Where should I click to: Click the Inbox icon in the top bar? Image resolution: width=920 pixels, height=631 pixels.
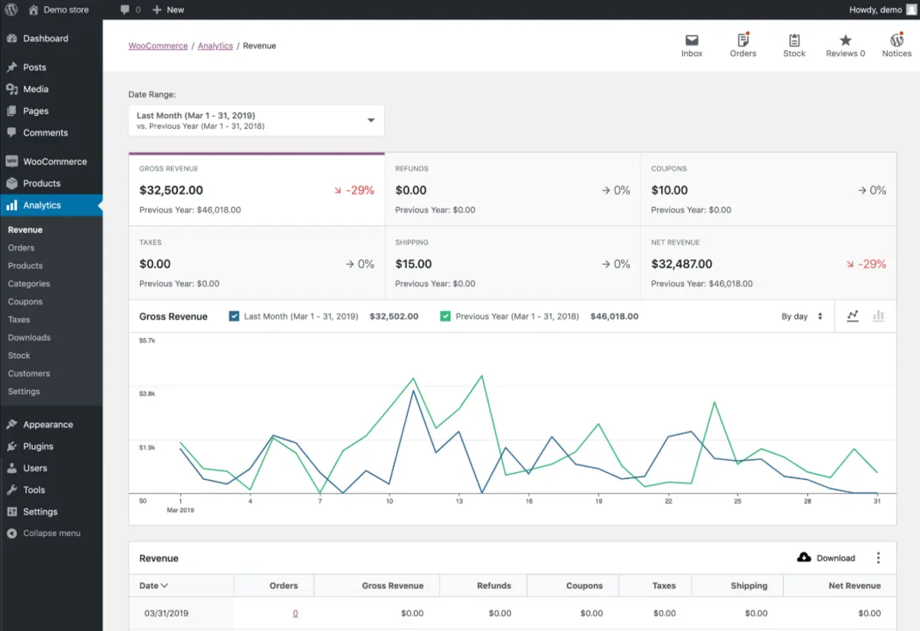click(x=692, y=41)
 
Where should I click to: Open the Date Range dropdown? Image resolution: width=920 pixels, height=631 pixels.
click(x=256, y=120)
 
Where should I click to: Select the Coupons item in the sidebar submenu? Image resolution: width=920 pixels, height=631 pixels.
click(x=25, y=301)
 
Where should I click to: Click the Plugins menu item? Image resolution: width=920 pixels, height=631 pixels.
click(x=38, y=446)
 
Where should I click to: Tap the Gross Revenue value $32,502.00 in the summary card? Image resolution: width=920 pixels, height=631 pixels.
click(x=171, y=190)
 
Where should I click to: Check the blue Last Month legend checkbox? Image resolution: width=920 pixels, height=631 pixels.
click(x=235, y=316)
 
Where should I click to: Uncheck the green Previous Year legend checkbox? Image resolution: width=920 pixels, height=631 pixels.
click(x=445, y=316)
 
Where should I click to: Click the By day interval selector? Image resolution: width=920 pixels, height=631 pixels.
click(x=801, y=316)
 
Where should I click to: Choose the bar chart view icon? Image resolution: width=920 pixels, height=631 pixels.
click(x=879, y=316)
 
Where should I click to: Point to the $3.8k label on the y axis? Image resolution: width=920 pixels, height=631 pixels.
click(x=146, y=393)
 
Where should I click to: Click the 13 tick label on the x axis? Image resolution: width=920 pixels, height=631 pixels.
click(x=458, y=501)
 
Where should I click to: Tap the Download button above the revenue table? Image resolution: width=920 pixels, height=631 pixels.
click(x=826, y=557)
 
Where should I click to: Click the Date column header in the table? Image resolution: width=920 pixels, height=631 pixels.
click(x=153, y=586)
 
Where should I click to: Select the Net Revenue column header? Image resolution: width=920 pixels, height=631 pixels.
click(x=854, y=586)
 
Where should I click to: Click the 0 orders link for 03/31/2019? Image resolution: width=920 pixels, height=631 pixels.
click(x=295, y=613)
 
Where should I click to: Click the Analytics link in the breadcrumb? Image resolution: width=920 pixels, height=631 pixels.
click(x=215, y=46)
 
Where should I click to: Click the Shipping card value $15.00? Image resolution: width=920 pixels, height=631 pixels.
click(x=413, y=264)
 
